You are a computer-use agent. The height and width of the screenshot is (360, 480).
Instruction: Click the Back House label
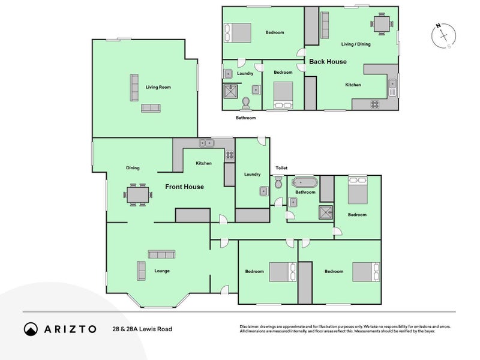[328, 62]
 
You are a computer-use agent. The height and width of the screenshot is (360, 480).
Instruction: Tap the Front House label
[184, 187]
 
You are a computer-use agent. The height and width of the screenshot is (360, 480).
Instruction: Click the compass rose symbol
[443, 36]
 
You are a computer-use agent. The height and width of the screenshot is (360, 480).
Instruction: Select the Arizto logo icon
[31, 329]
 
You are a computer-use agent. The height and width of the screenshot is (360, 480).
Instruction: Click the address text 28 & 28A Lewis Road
[142, 329]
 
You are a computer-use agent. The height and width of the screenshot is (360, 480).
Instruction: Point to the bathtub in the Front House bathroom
[305, 182]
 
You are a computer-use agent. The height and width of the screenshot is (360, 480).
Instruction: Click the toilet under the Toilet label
[278, 182]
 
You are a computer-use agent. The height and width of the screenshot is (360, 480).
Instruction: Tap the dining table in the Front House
[138, 194]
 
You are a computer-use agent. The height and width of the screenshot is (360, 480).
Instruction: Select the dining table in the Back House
[382, 24]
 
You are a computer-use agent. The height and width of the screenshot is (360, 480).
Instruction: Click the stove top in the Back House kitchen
[375, 104]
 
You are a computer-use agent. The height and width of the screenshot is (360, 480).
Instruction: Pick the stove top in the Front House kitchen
[230, 155]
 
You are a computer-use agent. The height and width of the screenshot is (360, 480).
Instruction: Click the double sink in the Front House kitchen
[206, 143]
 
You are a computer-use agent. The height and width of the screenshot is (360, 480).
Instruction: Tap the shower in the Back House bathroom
[230, 91]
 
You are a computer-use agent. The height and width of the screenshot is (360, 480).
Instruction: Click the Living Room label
[158, 87]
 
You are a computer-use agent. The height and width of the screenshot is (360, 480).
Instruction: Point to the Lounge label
[162, 271]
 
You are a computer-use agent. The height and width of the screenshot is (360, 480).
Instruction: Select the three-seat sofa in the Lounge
[161, 254]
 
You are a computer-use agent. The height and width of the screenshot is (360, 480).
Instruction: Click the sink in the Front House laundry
[264, 191]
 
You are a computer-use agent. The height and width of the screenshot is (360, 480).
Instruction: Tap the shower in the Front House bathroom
[326, 212]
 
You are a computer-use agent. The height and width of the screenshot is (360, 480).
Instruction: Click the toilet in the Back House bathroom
[246, 103]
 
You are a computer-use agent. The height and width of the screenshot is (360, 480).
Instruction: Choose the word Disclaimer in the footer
[249, 326]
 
